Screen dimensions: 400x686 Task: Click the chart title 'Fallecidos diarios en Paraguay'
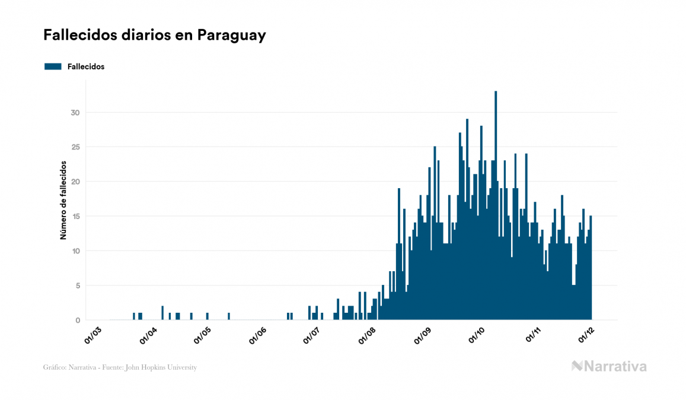click(154, 35)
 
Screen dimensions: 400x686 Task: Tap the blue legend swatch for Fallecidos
click(53, 66)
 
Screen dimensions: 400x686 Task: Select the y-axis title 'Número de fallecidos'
click(63, 200)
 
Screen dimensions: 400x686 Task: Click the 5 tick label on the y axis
click(77, 285)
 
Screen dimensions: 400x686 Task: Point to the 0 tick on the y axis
click(77, 320)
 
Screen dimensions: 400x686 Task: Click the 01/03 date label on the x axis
click(94, 336)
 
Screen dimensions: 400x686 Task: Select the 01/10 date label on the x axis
click(477, 336)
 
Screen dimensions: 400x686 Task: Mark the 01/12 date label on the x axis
click(586, 336)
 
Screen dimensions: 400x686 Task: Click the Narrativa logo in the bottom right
click(609, 366)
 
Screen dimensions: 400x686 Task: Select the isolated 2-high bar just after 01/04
click(162, 313)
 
